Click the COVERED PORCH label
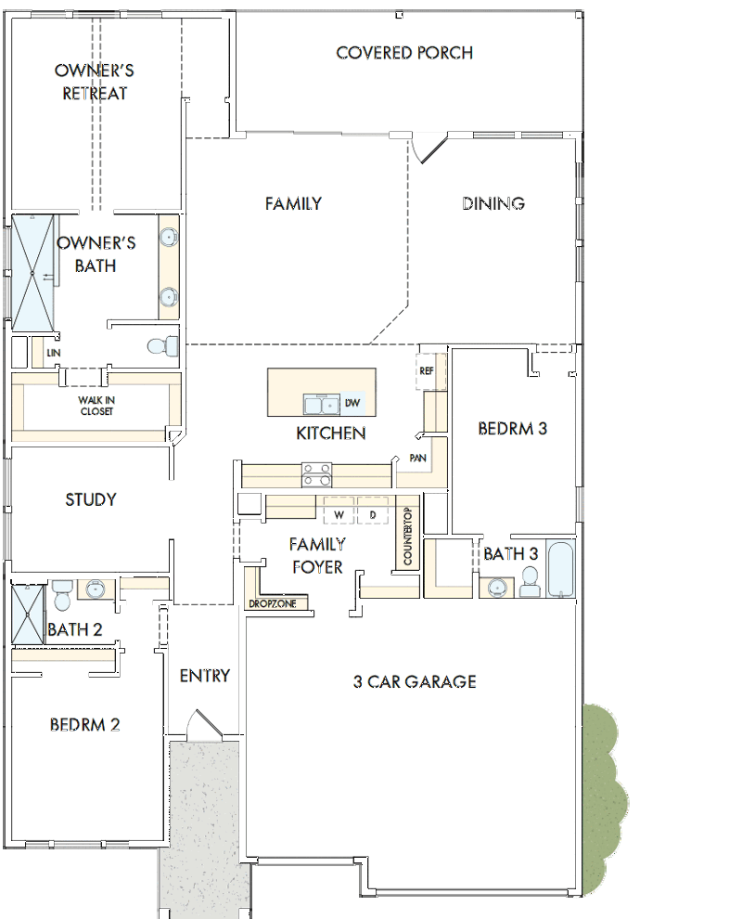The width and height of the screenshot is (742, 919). click(x=404, y=53)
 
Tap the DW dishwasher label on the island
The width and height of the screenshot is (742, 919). click(x=352, y=403)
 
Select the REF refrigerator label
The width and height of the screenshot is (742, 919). click(x=427, y=371)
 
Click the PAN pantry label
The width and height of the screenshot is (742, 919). click(x=417, y=458)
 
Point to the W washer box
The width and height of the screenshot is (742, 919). click(x=339, y=511)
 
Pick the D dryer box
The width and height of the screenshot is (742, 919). click(x=373, y=511)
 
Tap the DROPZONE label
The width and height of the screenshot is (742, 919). click(x=273, y=603)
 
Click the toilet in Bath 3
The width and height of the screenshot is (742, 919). click(x=530, y=582)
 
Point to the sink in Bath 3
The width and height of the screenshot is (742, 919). click(x=497, y=588)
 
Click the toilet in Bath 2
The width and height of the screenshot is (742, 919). click(x=61, y=595)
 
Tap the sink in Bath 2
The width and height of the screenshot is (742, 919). click(x=96, y=589)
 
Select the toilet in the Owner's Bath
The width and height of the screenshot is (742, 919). click(x=163, y=346)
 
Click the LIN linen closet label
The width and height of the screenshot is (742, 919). click(x=53, y=353)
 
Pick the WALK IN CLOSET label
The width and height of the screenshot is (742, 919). click(x=96, y=406)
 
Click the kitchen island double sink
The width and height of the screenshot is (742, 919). click(x=322, y=405)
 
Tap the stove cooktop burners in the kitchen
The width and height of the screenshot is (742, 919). click(x=317, y=474)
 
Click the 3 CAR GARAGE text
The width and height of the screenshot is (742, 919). click(x=415, y=681)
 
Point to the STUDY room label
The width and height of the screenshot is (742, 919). click(x=91, y=499)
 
